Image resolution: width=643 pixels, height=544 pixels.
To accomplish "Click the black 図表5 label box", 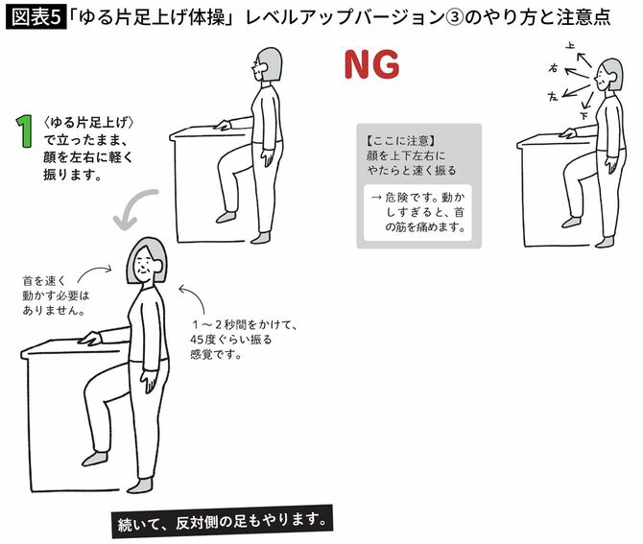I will (x=36, y=18).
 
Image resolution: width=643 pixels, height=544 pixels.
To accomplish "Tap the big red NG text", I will (x=370, y=65).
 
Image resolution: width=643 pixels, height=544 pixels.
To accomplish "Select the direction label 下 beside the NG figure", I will (x=585, y=114).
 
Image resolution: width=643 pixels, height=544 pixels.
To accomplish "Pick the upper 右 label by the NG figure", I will (x=553, y=68).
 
